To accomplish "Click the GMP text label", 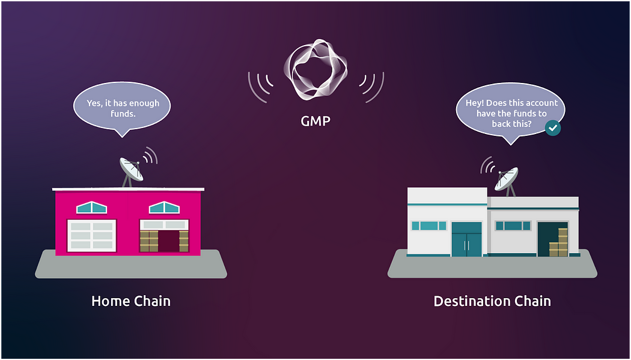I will [x=315, y=121].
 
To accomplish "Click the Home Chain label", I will [x=131, y=301].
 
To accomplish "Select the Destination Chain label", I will [x=492, y=301].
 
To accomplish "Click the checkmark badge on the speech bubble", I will [x=552, y=127].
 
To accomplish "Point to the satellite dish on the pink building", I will [x=132, y=169].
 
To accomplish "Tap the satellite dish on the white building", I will [x=507, y=178].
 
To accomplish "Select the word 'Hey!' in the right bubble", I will [x=476, y=103].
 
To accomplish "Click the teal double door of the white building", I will [x=466, y=239].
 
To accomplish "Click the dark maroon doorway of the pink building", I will [x=168, y=240].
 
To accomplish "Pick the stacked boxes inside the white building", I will [x=559, y=243].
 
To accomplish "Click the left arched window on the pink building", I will [x=91, y=208].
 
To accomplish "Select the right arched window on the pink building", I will [x=164, y=208].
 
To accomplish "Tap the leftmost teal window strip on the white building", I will [x=429, y=226].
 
